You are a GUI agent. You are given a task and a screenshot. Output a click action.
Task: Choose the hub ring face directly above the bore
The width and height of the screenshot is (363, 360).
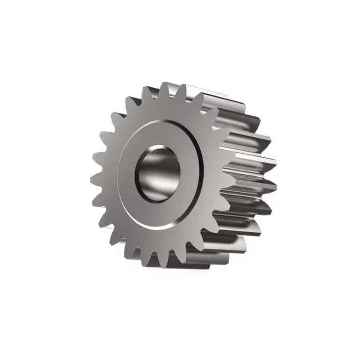tap(159, 134)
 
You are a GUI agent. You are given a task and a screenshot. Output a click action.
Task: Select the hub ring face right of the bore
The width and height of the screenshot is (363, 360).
tap(189, 175)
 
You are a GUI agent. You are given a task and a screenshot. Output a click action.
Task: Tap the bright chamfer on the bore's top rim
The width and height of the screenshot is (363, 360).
tap(159, 147)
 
